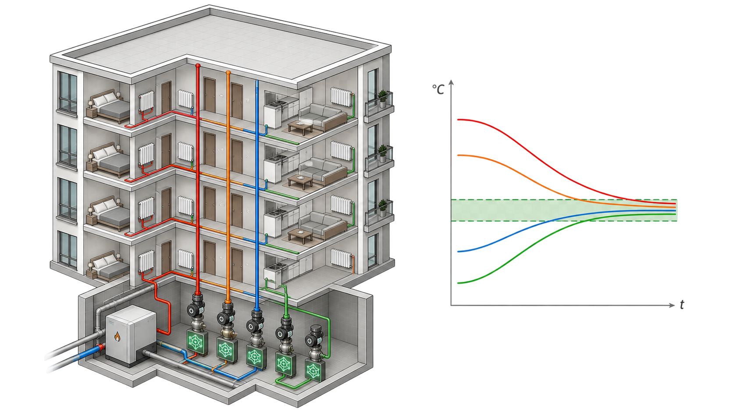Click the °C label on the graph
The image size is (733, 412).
[x=438, y=89]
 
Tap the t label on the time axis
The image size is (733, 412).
[x=682, y=304]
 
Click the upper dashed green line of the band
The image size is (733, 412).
[x=564, y=200]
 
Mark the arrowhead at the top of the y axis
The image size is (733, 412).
[x=451, y=82]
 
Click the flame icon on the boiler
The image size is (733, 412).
[x=117, y=336]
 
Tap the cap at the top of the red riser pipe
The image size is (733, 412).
[x=198, y=66]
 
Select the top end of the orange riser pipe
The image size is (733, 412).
[x=228, y=73]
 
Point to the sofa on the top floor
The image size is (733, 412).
[x=322, y=116]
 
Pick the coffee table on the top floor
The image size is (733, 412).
[x=300, y=127]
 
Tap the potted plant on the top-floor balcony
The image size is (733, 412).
[x=382, y=99]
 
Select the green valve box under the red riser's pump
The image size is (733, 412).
[x=197, y=342]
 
